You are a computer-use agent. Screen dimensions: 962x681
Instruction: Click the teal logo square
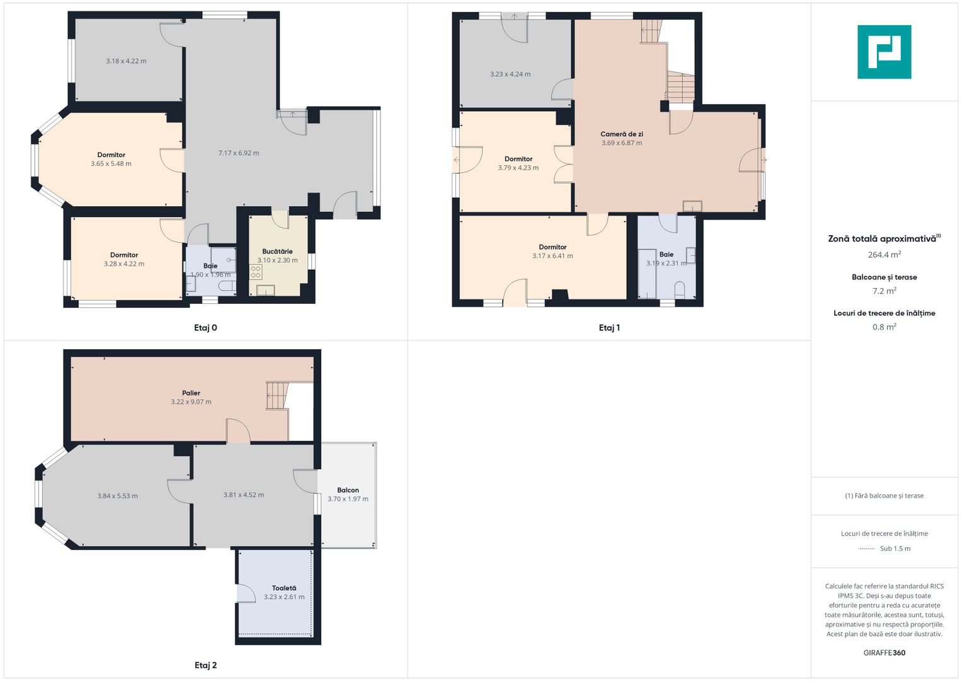pyautogui.click(x=885, y=52)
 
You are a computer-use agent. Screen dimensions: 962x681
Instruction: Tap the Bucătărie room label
pyautogui.click(x=277, y=252)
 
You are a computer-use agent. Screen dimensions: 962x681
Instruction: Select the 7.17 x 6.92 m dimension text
pyautogui.click(x=239, y=153)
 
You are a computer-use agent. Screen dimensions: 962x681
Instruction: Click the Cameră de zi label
pyautogui.click(x=621, y=134)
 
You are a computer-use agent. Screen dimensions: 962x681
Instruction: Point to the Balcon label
pyautogui.click(x=348, y=490)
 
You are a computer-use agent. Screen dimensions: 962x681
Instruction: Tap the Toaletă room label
pyautogui.click(x=284, y=588)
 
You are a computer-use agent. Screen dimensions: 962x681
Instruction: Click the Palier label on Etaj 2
pyautogui.click(x=191, y=393)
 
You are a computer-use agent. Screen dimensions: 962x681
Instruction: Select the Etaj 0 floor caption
pyautogui.click(x=206, y=328)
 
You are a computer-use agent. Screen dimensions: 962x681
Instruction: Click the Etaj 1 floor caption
pyautogui.click(x=609, y=328)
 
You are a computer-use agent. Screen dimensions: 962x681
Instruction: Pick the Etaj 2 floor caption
pyautogui.click(x=206, y=665)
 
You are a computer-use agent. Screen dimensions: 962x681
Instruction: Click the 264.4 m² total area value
pyautogui.click(x=885, y=255)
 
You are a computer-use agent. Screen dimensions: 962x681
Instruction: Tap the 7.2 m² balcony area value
pyautogui.click(x=885, y=291)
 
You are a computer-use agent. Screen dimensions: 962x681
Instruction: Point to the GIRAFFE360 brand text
pyautogui.click(x=885, y=653)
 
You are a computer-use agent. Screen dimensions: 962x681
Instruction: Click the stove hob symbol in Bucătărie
pyautogui.click(x=256, y=272)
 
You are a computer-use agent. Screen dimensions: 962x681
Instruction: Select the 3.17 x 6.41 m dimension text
pyautogui.click(x=553, y=256)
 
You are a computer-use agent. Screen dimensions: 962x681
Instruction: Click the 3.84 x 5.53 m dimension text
pyautogui.click(x=117, y=496)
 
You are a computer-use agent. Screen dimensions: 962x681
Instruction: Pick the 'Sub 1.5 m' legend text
pyautogui.click(x=895, y=549)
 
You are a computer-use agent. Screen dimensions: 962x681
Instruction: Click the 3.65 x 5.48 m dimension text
pyautogui.click(x=112, y=164)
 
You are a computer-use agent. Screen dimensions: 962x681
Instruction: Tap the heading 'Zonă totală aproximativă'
pyautogui.click(x=882, y=239)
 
